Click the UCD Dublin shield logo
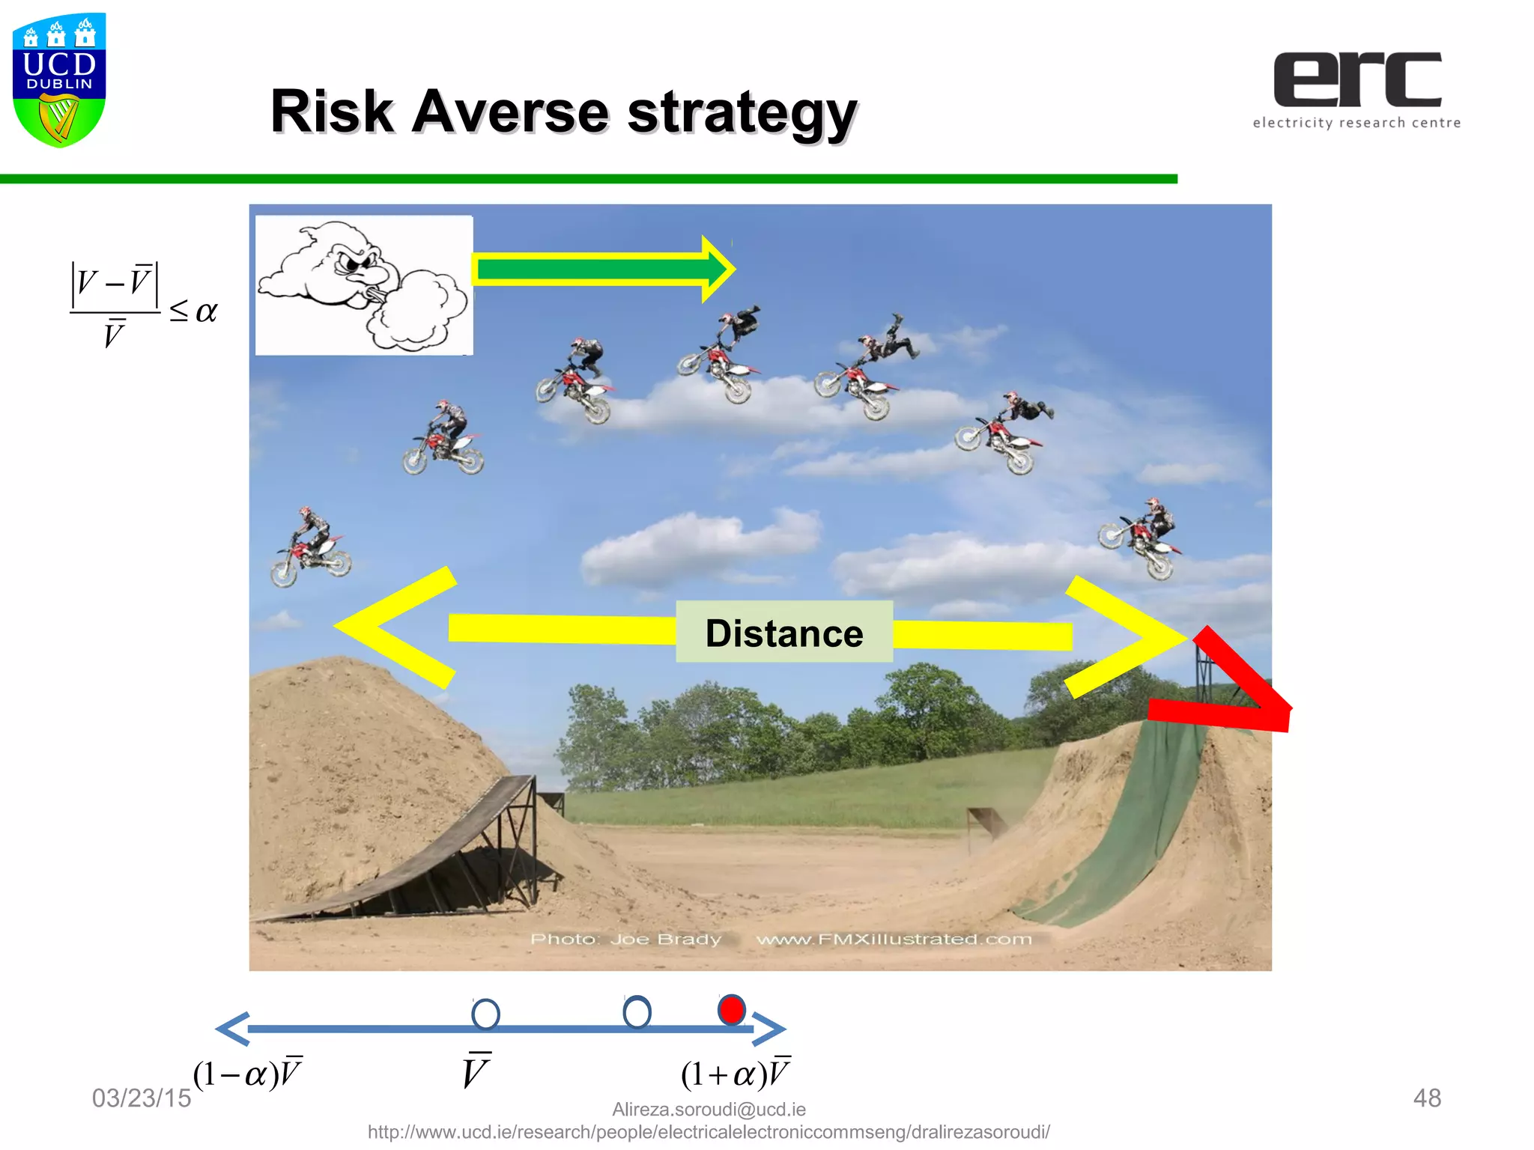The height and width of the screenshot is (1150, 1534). coord(59,79)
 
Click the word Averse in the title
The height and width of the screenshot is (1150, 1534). coord(512,112)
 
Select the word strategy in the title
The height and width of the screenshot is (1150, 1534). coord(742,114)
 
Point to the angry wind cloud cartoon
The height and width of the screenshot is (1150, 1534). coord(364,285)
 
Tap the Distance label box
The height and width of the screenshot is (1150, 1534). coord(783,633)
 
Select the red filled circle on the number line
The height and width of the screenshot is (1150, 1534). coord(731,1010)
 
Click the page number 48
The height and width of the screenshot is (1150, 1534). coord(1426,1098)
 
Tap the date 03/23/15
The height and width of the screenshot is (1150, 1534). coord(142,1098)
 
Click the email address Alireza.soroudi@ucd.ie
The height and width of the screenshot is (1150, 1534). coord(709,1109)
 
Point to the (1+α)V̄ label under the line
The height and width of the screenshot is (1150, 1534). coord(735,1074)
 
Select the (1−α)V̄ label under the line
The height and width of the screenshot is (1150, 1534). coord(247,1074)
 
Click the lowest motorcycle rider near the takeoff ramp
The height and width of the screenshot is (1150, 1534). coord(310,547)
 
